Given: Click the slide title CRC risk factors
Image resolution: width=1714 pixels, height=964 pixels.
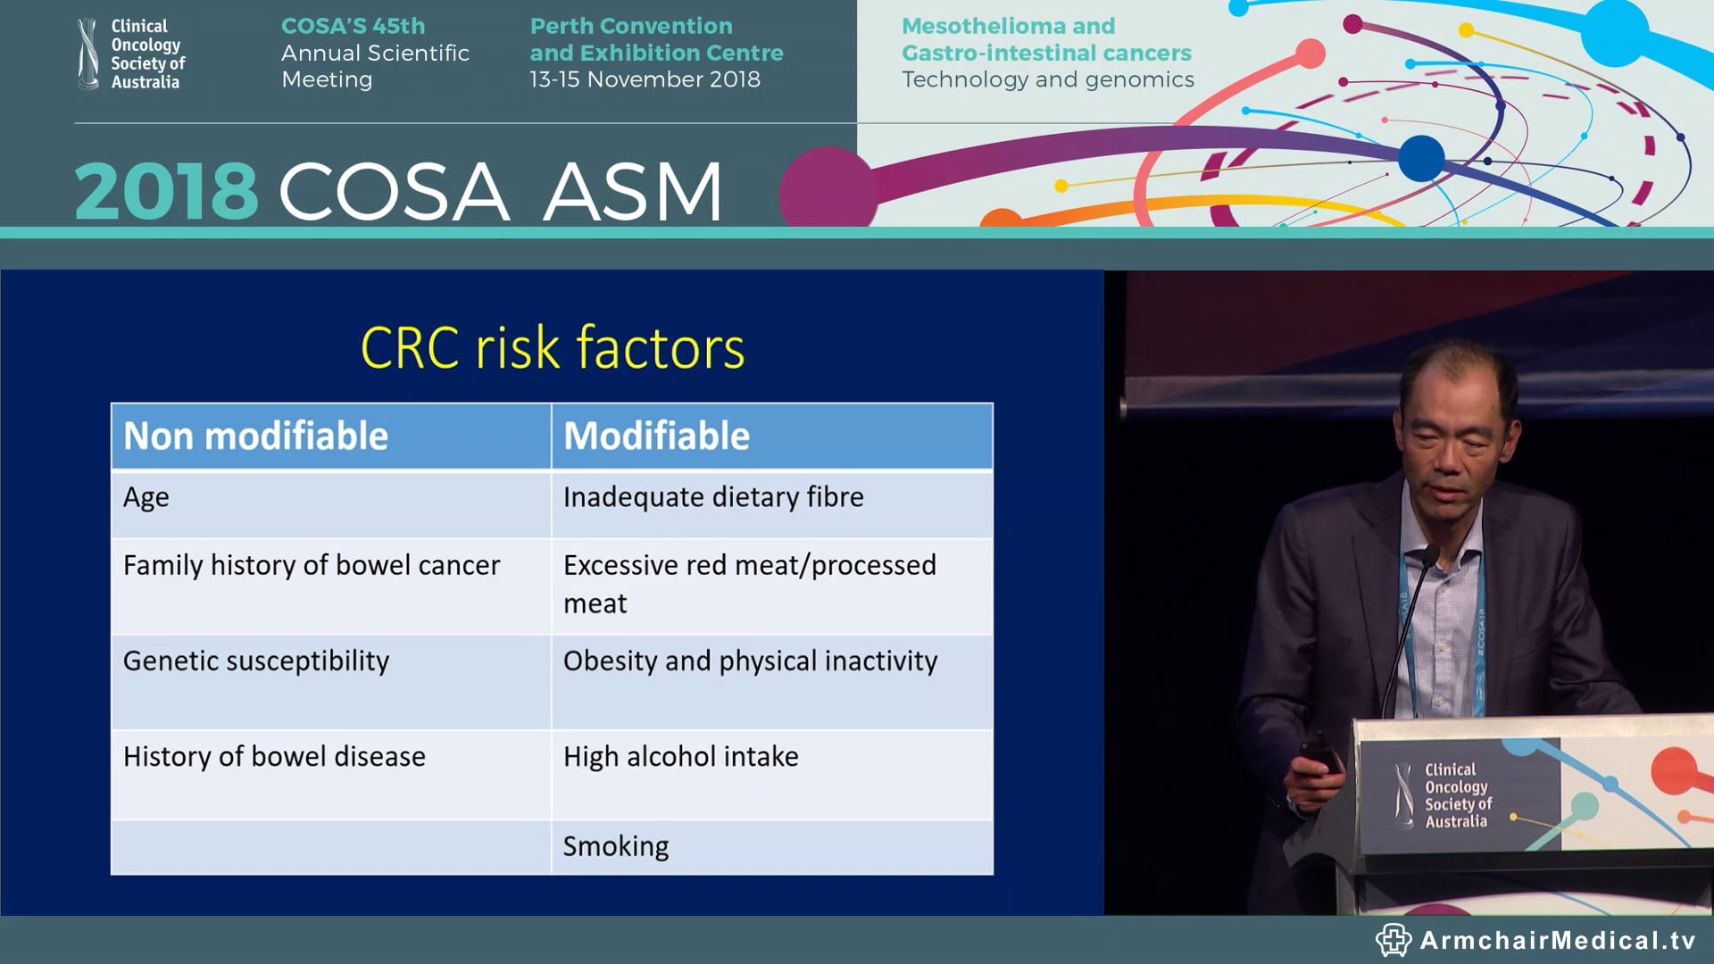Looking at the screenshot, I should point(553,348).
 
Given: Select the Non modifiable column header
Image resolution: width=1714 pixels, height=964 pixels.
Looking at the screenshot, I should point(255,436).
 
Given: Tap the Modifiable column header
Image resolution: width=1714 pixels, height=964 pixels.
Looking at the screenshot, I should point(656,436).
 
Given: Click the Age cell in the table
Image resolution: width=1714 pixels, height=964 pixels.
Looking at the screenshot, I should point(146,498).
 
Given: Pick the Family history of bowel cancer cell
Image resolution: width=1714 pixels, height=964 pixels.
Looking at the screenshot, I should point(312,566).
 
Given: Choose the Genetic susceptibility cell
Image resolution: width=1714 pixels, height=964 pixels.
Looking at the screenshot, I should point(256,661).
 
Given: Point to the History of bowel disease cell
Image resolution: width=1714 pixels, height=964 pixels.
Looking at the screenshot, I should point(274,757).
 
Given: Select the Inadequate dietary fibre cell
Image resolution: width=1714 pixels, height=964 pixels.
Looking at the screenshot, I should point(713,497).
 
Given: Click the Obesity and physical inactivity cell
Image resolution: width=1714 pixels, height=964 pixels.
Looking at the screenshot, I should point(750,661).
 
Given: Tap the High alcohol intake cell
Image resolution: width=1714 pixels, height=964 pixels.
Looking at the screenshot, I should point(680,757).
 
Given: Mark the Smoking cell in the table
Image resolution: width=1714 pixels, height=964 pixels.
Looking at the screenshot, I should point(616,846).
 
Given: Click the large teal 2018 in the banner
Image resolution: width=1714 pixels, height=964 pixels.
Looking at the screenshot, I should point(166,192).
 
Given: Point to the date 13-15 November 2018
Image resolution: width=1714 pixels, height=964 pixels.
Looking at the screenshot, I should point(645,79).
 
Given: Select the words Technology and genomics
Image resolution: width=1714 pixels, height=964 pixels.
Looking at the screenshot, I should point(1048,79).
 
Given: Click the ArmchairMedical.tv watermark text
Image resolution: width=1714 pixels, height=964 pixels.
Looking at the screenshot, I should point(1557,941).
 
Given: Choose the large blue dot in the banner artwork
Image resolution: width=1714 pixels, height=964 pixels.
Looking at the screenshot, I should point(1421,158).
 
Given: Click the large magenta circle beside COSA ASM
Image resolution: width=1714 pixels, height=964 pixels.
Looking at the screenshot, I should point(828,189).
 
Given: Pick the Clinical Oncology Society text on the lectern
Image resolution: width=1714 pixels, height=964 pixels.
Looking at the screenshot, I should point(1457,795).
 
